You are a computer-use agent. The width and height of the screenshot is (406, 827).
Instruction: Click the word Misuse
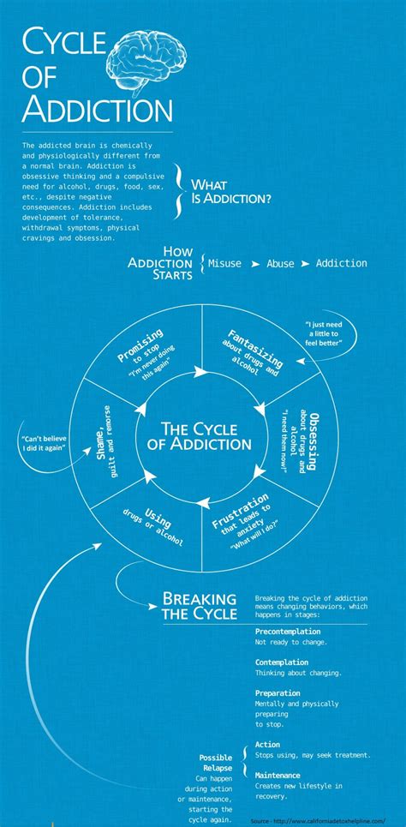click(224, 263)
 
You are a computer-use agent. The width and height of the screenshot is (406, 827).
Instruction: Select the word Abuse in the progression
click(280, 264)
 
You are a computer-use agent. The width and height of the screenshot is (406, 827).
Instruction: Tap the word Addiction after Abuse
click(341, 263)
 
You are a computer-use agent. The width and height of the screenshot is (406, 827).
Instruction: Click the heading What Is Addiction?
click(231, 190)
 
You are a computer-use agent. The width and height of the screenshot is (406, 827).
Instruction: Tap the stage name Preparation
click(278, 692)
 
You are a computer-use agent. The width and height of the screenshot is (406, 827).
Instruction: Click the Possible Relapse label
click(216, 764)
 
